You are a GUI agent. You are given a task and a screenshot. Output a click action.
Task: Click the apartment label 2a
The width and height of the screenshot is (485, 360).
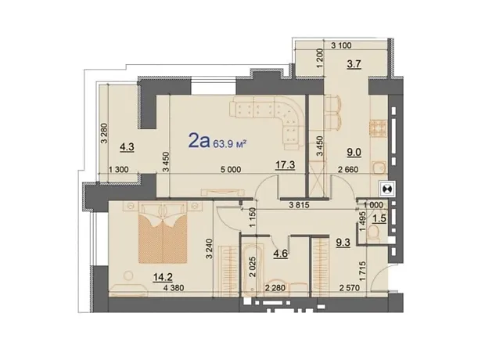(199, 142)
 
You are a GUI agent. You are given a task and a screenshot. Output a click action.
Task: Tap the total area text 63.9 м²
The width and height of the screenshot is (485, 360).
(229, 144)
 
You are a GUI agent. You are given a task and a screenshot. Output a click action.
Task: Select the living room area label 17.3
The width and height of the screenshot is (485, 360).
(285, 165)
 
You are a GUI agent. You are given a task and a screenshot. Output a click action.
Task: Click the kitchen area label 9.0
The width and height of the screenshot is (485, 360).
(354, 153)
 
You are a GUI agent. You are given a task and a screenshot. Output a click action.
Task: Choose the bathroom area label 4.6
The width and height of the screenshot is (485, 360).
(281, 254)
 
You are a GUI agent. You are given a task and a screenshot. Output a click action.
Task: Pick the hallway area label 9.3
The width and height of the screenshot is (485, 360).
(343, 243)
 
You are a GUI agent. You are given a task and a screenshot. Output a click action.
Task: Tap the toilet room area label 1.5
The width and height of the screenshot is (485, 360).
(379, 218)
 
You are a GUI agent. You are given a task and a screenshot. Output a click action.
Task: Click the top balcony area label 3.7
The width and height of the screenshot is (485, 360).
(354, 64)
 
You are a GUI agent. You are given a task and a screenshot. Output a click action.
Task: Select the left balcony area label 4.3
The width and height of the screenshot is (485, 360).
(127, 146)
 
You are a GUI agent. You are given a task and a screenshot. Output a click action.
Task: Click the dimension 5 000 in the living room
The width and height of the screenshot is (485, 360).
(232, 170)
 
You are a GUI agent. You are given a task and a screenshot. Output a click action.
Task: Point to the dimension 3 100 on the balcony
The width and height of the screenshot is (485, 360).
(341, 45)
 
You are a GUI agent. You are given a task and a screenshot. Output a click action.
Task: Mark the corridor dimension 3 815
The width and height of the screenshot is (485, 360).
(299, 205)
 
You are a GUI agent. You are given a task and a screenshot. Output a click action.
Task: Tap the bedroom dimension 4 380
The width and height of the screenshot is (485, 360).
(174, 288)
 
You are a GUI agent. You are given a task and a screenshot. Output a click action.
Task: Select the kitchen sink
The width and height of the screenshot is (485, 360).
(379, 167)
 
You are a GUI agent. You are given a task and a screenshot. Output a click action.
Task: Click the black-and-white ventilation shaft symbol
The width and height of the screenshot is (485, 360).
(386, 189)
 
